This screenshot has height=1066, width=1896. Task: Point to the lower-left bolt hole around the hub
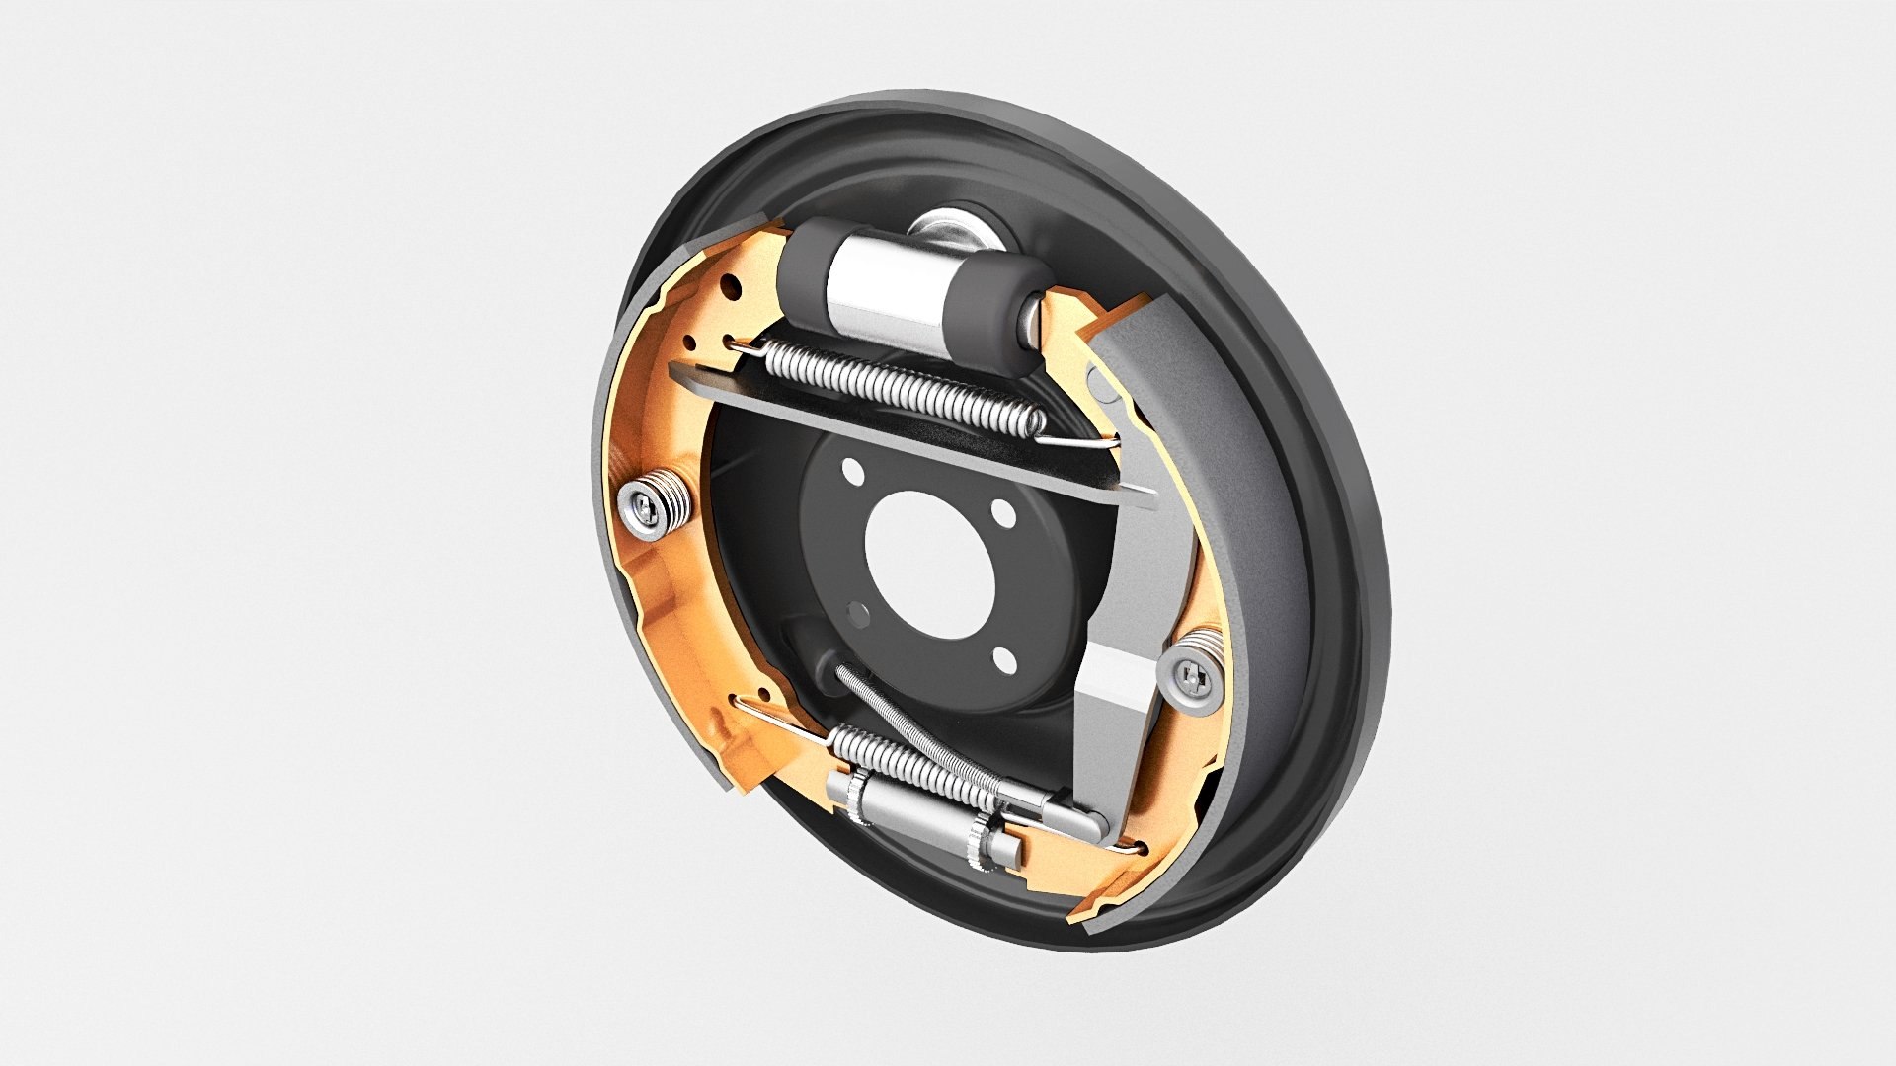click(859, 614)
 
